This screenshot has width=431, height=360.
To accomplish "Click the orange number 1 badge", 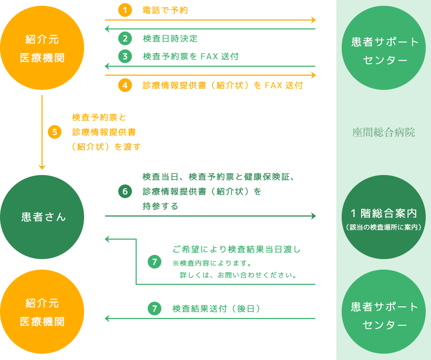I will [125, 10].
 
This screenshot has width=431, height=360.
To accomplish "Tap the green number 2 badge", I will [125, 38].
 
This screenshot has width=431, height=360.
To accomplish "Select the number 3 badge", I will [125, 56].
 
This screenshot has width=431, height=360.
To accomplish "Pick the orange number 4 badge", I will [125, 85].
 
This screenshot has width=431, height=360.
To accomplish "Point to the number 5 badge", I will [55, 132].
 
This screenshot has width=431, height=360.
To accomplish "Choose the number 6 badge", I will [125, 191].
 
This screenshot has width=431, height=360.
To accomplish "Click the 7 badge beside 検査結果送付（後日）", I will [154, 309].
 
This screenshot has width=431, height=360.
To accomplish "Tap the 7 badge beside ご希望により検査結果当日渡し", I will [154, 262].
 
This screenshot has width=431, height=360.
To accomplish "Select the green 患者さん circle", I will [42, 217].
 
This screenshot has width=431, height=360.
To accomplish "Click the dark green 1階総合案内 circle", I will [384, 217].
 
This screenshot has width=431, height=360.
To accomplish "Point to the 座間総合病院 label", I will [384, 133].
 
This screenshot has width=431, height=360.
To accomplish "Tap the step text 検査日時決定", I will [170, 38].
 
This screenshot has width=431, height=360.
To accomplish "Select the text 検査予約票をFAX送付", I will [191, 56].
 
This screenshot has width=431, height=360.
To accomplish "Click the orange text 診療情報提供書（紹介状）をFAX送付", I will [222, 85].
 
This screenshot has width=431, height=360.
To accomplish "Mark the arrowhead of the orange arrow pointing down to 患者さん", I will [42, 167].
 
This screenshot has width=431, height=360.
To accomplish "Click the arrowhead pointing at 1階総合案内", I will [313, 216].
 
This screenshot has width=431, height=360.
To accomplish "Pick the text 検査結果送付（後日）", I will [217, 309].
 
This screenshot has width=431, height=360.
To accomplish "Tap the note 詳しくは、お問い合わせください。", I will [239, 275].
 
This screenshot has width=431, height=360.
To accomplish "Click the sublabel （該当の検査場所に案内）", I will [384, 227].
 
